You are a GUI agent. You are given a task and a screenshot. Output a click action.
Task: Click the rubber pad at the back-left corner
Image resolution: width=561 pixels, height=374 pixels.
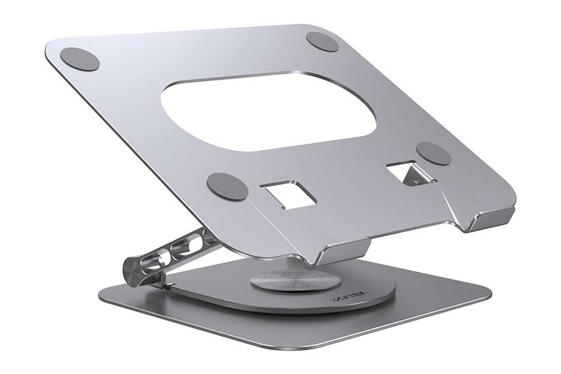tap(80, 58)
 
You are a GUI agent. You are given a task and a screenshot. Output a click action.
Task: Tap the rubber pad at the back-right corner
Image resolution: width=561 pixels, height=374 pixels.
tap(322, 41)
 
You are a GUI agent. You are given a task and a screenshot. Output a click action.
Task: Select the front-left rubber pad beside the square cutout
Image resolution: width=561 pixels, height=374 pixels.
tap(227, 186)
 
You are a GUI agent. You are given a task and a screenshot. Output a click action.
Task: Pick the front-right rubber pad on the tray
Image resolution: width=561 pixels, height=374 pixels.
tap(434, 154)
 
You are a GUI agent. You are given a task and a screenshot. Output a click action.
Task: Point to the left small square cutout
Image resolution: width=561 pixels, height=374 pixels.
tap(290, 194)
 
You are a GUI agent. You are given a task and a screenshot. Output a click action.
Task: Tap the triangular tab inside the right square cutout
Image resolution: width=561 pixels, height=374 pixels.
tap(411, 177)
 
